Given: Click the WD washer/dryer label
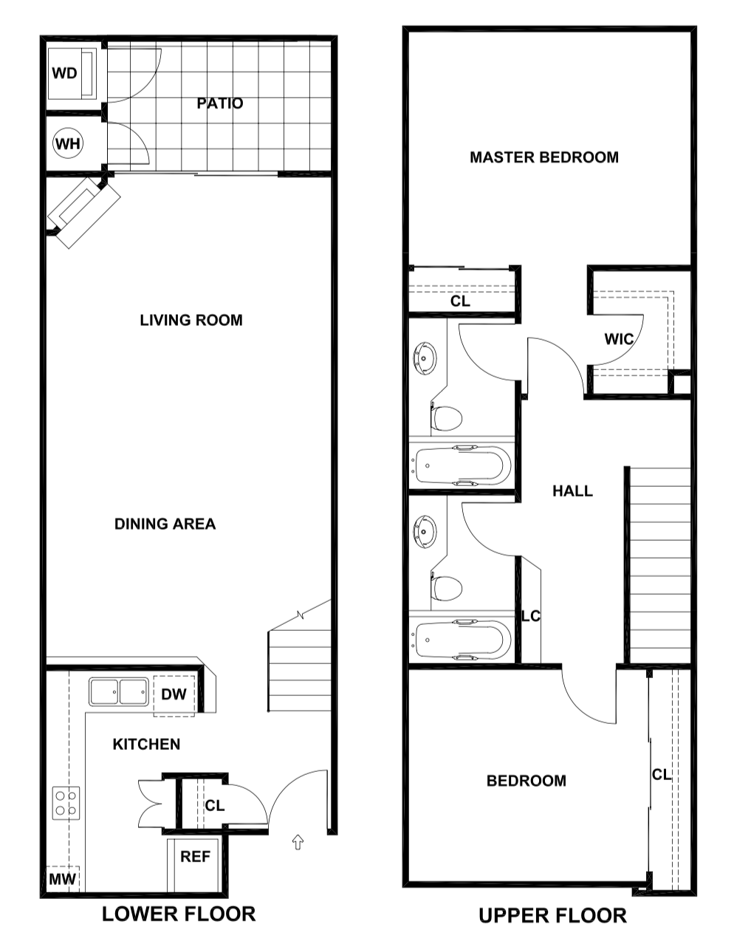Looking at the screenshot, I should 66,73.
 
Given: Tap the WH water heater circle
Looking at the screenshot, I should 68,143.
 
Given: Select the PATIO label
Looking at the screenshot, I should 220,103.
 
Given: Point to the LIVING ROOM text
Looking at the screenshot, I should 191,320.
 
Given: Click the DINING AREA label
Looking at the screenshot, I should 165,524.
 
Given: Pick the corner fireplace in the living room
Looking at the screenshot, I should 83,212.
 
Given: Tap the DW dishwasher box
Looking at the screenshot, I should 174,694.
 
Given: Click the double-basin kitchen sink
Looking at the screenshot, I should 118,693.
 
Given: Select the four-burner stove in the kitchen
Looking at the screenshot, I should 66,803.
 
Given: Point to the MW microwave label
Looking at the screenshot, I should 62,879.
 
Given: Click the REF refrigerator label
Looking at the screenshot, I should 196,857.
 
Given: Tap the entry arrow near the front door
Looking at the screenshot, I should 298,842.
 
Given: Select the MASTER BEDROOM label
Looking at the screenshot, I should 544,157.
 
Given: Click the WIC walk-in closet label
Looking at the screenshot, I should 619,339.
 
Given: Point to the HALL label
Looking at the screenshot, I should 572,491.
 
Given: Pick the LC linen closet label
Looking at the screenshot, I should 531,616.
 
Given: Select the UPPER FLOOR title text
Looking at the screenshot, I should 552,916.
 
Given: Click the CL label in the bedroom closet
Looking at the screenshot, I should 662,774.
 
